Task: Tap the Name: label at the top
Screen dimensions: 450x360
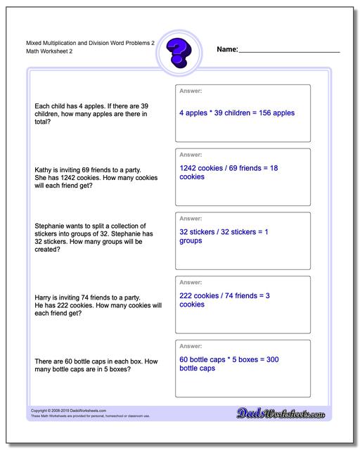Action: tap(227, 50)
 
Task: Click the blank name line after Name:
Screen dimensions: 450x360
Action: tap(289, 51)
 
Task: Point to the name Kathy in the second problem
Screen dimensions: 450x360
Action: tap(42, 169)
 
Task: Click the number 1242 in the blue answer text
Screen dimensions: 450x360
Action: tap(190, 169)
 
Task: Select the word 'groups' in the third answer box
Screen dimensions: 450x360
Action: tap(191, 240)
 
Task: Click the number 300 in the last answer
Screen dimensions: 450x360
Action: tap(272, 359)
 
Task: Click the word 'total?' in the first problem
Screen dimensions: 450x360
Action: tap(44, 122)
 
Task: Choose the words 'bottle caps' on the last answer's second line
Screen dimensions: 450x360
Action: tap(197, 368)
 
